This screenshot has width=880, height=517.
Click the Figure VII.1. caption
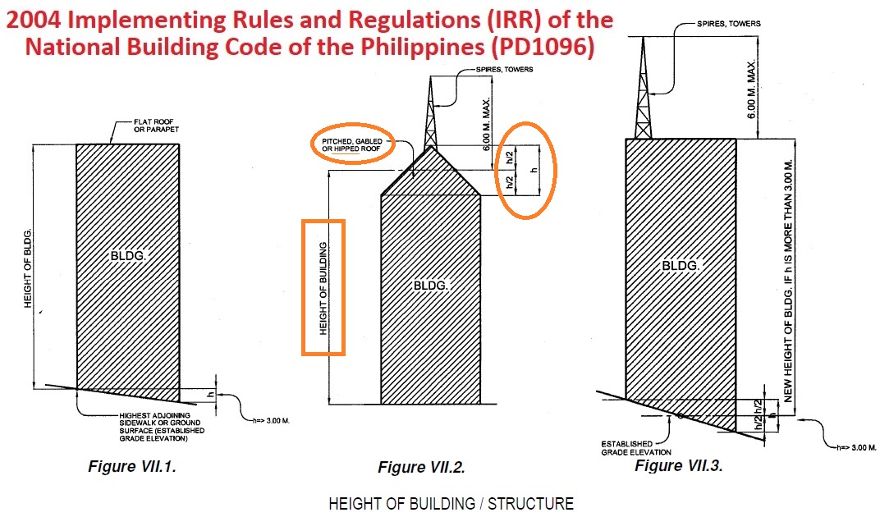click(x=132, y=467)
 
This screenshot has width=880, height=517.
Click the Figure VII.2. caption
click(x=421, y=468)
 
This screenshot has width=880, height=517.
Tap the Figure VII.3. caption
click(x=678, y=465)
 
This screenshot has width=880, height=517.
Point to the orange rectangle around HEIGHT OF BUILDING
click(x=323, y=287)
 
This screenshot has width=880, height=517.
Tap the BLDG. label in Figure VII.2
click(x=430, y=285)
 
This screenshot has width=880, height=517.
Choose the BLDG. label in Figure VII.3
click(x=681, y=266)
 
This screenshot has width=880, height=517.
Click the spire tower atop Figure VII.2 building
click(x=429, y=115)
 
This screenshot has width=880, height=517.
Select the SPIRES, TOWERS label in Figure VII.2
click(x=504, y=70)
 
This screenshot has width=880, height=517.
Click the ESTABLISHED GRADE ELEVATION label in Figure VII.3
click(x=636, y=448)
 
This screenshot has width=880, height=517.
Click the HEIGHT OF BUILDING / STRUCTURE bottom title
click(x=451, y=503)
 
